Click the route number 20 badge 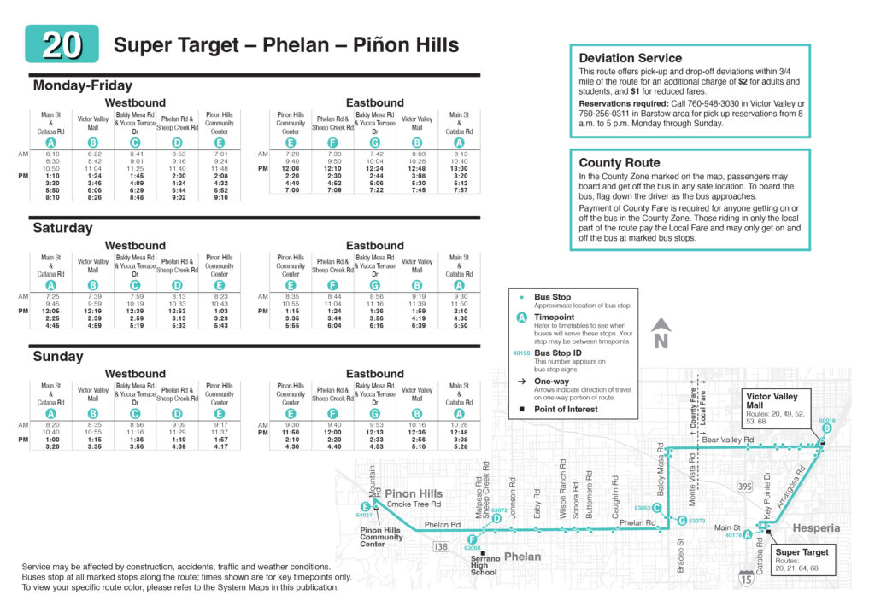click(x=62, y=44)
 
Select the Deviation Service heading click(x=631, y=58)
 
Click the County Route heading click(x=619, y=162)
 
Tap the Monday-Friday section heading click(x=82, y=85)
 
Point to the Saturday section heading click(x=62, y=228)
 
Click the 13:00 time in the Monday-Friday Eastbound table click(x=459, y=169)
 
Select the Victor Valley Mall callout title click(x=772, y=397)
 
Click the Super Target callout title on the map click(x=802, y=553)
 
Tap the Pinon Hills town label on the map click(x=414, y=493)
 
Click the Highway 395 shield click(x=745, y=486)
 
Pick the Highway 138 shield click(x=441, y=546)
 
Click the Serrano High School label click(x=484, y=565)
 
